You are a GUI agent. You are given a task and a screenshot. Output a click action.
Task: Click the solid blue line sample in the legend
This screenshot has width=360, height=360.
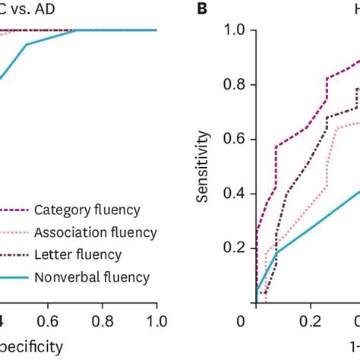tap(14, 277)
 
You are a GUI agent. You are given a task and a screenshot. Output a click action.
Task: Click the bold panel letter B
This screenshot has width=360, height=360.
tap(203, 9)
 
